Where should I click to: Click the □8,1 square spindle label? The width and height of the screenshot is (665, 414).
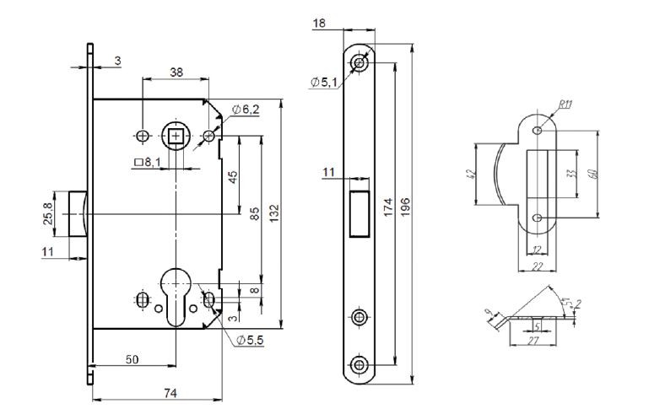coord(148,163)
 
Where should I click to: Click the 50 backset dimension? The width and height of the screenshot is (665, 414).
coord(132,360)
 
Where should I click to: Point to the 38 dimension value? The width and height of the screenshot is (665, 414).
coord(176,73)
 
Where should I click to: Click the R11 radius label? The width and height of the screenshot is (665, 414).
coord(565,105)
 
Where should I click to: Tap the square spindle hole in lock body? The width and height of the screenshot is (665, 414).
coord(177,136)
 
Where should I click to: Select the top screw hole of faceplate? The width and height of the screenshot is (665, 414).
coord(360,63)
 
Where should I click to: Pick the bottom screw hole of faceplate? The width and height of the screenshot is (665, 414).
coord(360,363)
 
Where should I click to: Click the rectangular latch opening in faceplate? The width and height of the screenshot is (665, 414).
coord(360,212)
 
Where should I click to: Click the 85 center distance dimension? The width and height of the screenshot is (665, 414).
coord(254,214)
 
